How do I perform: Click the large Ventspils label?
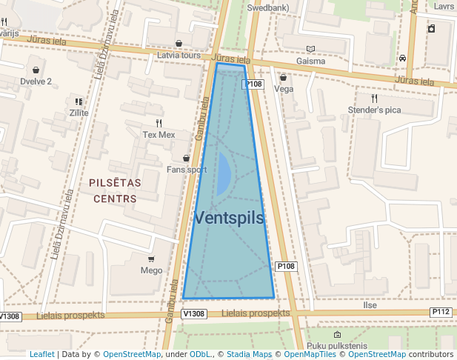click(x=229, y=218)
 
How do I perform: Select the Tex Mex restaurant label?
click(x=159, y=135)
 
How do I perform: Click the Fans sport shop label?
click(x=187, y=169)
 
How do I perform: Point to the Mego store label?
click(x=151, y=270)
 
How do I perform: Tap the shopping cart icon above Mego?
click(x=151, y=259)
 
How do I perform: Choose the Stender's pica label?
click(x=374, y=110)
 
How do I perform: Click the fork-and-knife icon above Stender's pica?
click(x=374, y=98)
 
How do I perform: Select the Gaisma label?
click(x=310, y=61)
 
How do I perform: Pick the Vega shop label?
click(x=284, y=89)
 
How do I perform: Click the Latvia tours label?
click(x=179, y=55)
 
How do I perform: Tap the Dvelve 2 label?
click(x=36, y=81)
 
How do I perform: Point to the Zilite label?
click(x=79, y=113)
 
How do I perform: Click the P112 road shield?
click(x=441, y=312)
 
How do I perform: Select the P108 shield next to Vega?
click(x=253, y=84)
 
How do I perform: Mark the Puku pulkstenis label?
click(x=336, y=345)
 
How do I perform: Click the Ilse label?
click(x=370, y=304)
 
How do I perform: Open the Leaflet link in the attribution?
click(x=42, y=354)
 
